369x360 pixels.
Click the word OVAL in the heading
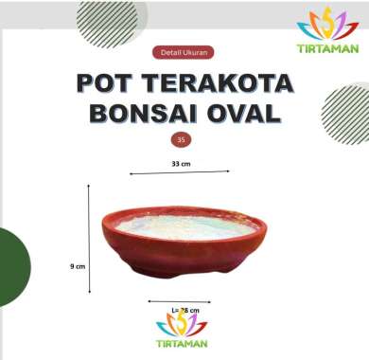247,115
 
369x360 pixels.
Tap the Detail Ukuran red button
180,53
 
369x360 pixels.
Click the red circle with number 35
180,139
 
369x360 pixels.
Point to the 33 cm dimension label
181,164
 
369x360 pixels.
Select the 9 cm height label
78,267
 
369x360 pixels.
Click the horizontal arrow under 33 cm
180,172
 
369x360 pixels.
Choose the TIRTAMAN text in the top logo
327,47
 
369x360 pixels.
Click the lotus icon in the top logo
328,23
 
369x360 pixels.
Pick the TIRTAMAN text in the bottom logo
182,343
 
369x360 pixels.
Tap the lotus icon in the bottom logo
182,323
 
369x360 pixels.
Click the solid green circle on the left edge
11,267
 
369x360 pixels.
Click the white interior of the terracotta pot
185,225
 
